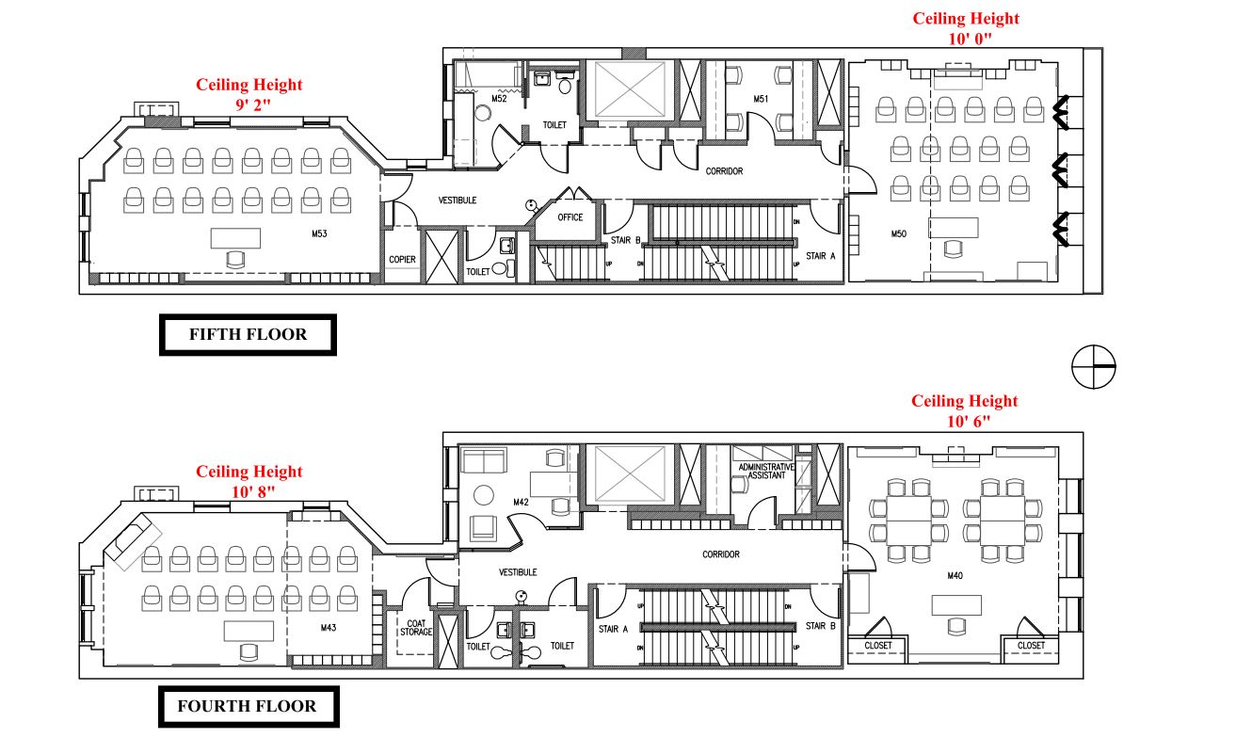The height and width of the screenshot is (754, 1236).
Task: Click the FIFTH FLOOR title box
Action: (x=248, y=334)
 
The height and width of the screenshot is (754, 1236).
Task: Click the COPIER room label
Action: (x=403, y=260)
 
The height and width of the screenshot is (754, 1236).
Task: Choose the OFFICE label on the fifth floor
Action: (x=570, y=217)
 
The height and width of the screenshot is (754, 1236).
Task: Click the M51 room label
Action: (x=762, y=99)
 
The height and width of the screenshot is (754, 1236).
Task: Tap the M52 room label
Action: (x=499, y=98)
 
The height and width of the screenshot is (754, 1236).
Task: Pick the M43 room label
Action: (x=329, y=627)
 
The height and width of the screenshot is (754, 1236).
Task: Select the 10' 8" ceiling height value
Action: (x=249, y=490)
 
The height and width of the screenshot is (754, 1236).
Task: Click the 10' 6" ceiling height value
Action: (x=965, y=420)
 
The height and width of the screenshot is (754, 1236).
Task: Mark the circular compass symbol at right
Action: (x=1094, y=365)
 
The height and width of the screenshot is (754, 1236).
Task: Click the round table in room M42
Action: (x=484, y=495)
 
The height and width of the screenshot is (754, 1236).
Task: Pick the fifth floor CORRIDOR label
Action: (x=724, y=171)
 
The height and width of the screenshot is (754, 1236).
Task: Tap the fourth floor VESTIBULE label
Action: (x=518, y=572)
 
